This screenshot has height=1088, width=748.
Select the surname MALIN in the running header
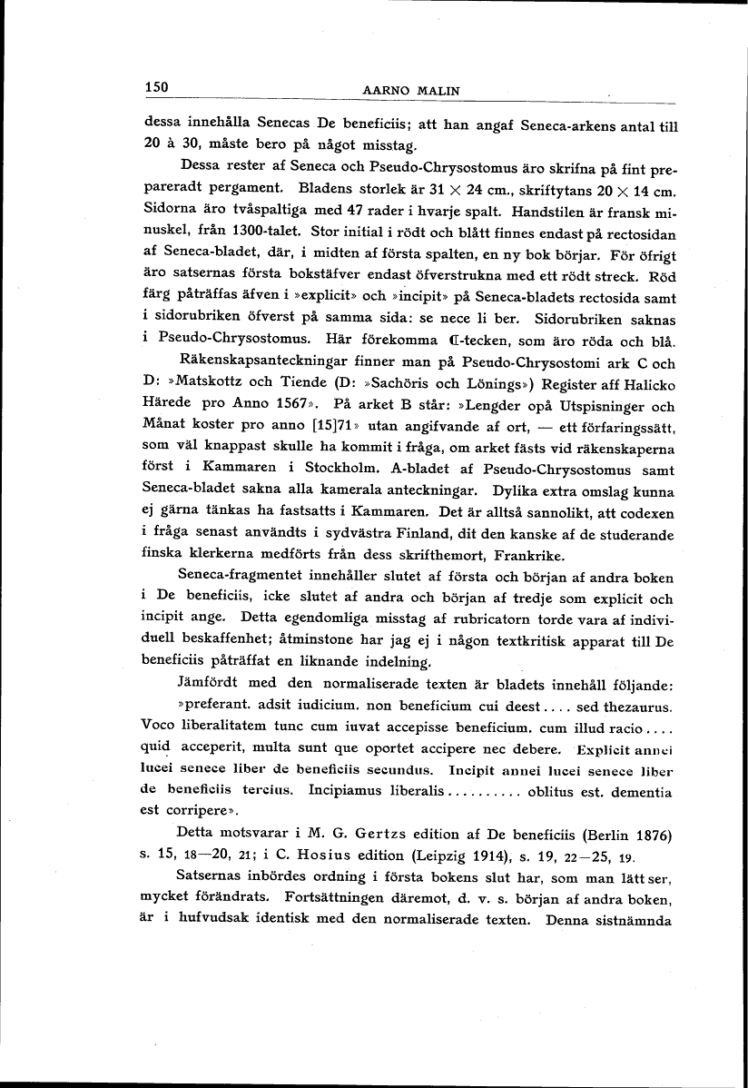[x=439, y=90]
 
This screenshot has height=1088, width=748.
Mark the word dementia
[x=639, y=792]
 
